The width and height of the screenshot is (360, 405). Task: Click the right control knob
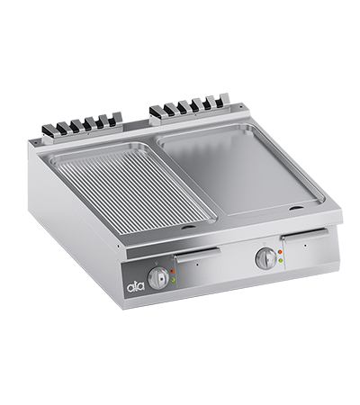tap(265, 258)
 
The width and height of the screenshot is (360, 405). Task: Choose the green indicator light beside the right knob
tap(280, 261)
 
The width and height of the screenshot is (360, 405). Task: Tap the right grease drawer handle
tap(302, 235)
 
